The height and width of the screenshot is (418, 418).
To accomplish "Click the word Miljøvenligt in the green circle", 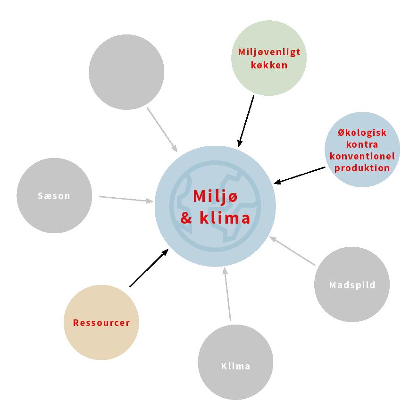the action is [x=269, y=52].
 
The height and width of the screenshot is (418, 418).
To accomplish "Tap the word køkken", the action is [x=269, y=65].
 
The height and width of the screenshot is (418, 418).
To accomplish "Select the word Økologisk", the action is [x=362, y=133].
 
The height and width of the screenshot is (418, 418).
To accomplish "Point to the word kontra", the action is [x=362, y=144].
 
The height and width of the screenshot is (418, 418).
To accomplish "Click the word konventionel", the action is [x=362, y=156].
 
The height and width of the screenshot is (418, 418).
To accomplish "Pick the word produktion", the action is [x=362, y=167].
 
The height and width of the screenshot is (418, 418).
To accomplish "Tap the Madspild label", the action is [x=352, y=285].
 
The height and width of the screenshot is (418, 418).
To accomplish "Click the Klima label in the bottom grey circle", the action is [x=235, y=366].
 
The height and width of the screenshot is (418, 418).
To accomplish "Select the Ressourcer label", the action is [x=101, y=323].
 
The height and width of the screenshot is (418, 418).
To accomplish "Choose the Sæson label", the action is [x=54, y=196].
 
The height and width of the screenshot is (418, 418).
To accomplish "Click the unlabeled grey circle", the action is [x=126, y=72].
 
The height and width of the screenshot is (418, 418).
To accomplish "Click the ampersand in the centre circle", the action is [x=186, y=219].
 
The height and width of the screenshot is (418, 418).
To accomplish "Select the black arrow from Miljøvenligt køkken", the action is [x=246, y=121].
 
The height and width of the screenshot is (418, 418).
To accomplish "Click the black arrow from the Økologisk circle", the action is [x=300, y=175].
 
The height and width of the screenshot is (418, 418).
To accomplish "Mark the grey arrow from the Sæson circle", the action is [x=126, y=199].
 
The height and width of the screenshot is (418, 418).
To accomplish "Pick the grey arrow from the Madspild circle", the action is [x=293, y=251].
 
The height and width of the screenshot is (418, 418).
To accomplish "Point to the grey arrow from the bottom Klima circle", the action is [x=228, y=294].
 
